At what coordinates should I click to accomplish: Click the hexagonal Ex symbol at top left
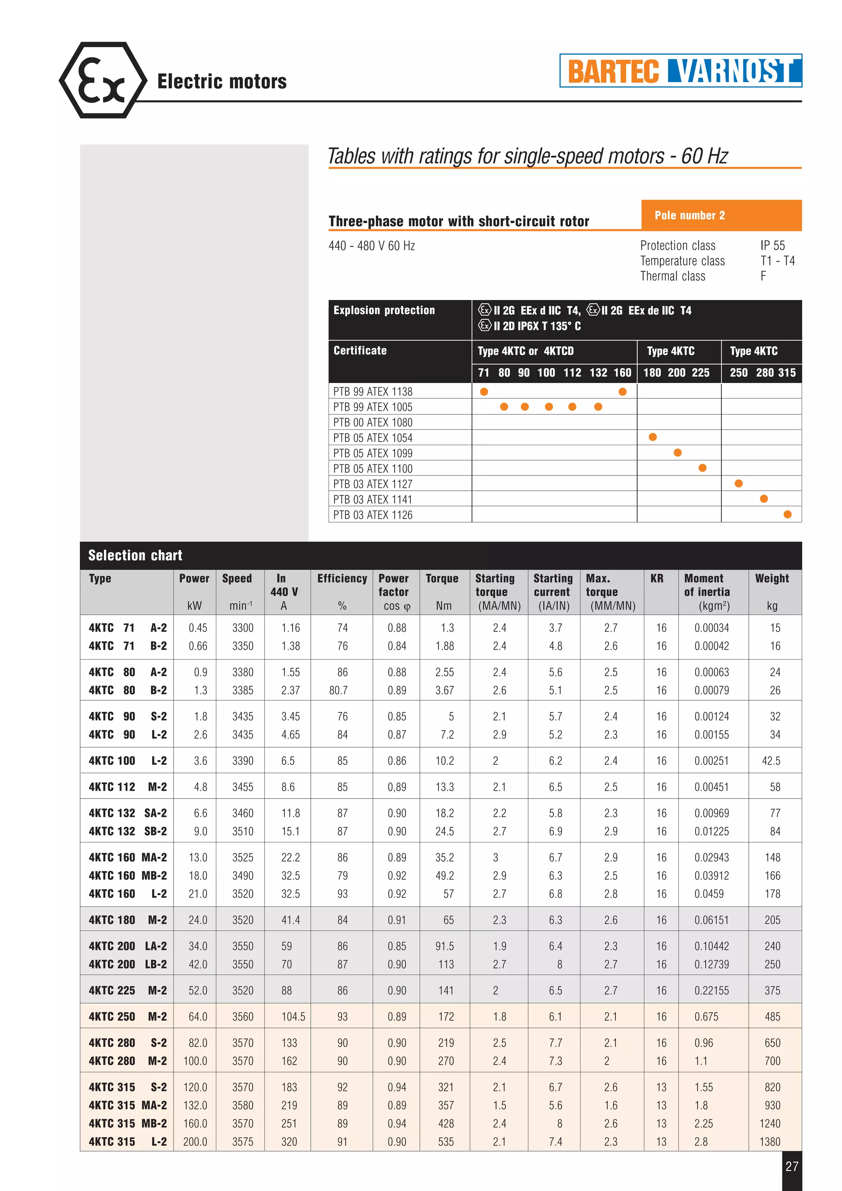click(x=103, y=81)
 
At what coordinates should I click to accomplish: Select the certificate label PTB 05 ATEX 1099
click(x=372, y=453)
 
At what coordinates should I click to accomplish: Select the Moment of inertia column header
click(x=707, y=585)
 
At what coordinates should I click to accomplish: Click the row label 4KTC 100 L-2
click(x=127, y=761)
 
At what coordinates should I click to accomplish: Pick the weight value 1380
click(x=770, y=1142)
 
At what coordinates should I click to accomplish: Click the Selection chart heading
click(x=135, y=556)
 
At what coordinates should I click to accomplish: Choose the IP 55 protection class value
click(x=773, y=245)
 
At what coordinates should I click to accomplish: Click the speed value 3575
click(x=243, y=1142)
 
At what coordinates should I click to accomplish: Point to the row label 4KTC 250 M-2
click(x=127, y=1017)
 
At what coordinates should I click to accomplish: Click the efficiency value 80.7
click(x=338, y=690)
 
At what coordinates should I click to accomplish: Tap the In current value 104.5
click(x=293, y=1017)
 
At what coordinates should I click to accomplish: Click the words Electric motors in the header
click(x=222, y=81)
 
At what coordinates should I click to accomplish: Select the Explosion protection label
click(x=384, y=310)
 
